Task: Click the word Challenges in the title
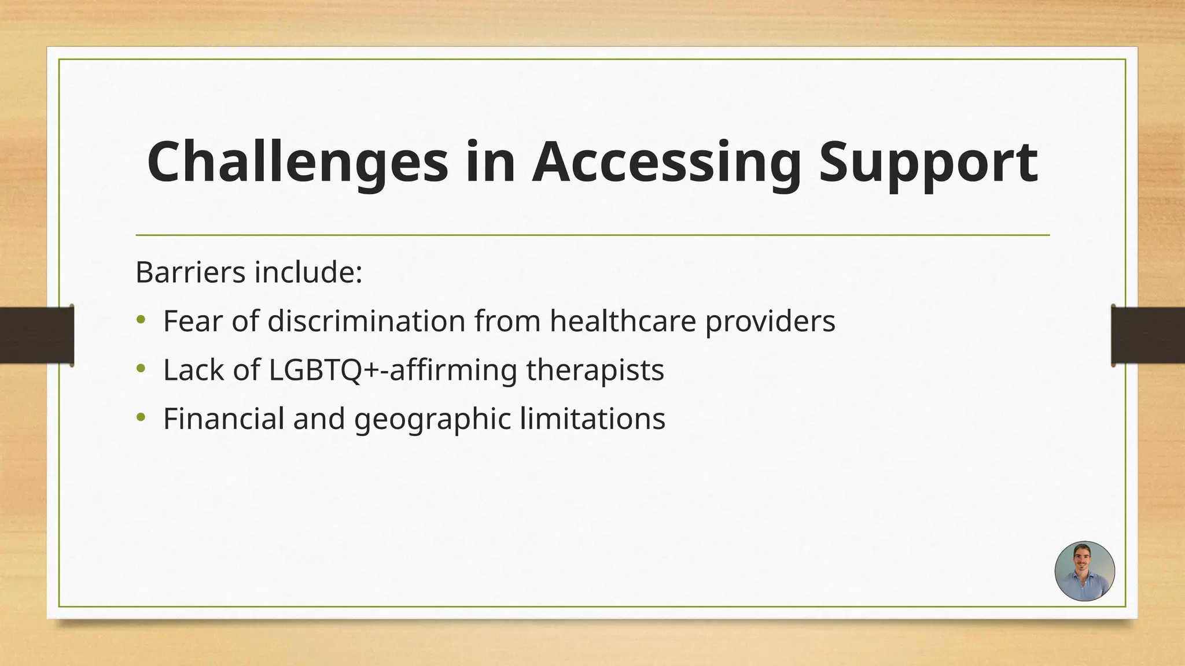[297, 163]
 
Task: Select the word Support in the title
[928, 163]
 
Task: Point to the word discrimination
[366, 321]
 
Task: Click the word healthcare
[623, 321]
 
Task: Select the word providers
[770, 322]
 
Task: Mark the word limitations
[592, 419]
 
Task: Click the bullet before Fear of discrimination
[141, 320]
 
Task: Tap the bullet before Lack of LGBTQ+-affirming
[141, 368]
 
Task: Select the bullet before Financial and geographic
[141, 417]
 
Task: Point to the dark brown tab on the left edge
[36, 335]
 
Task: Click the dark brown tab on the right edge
[1148, 335]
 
